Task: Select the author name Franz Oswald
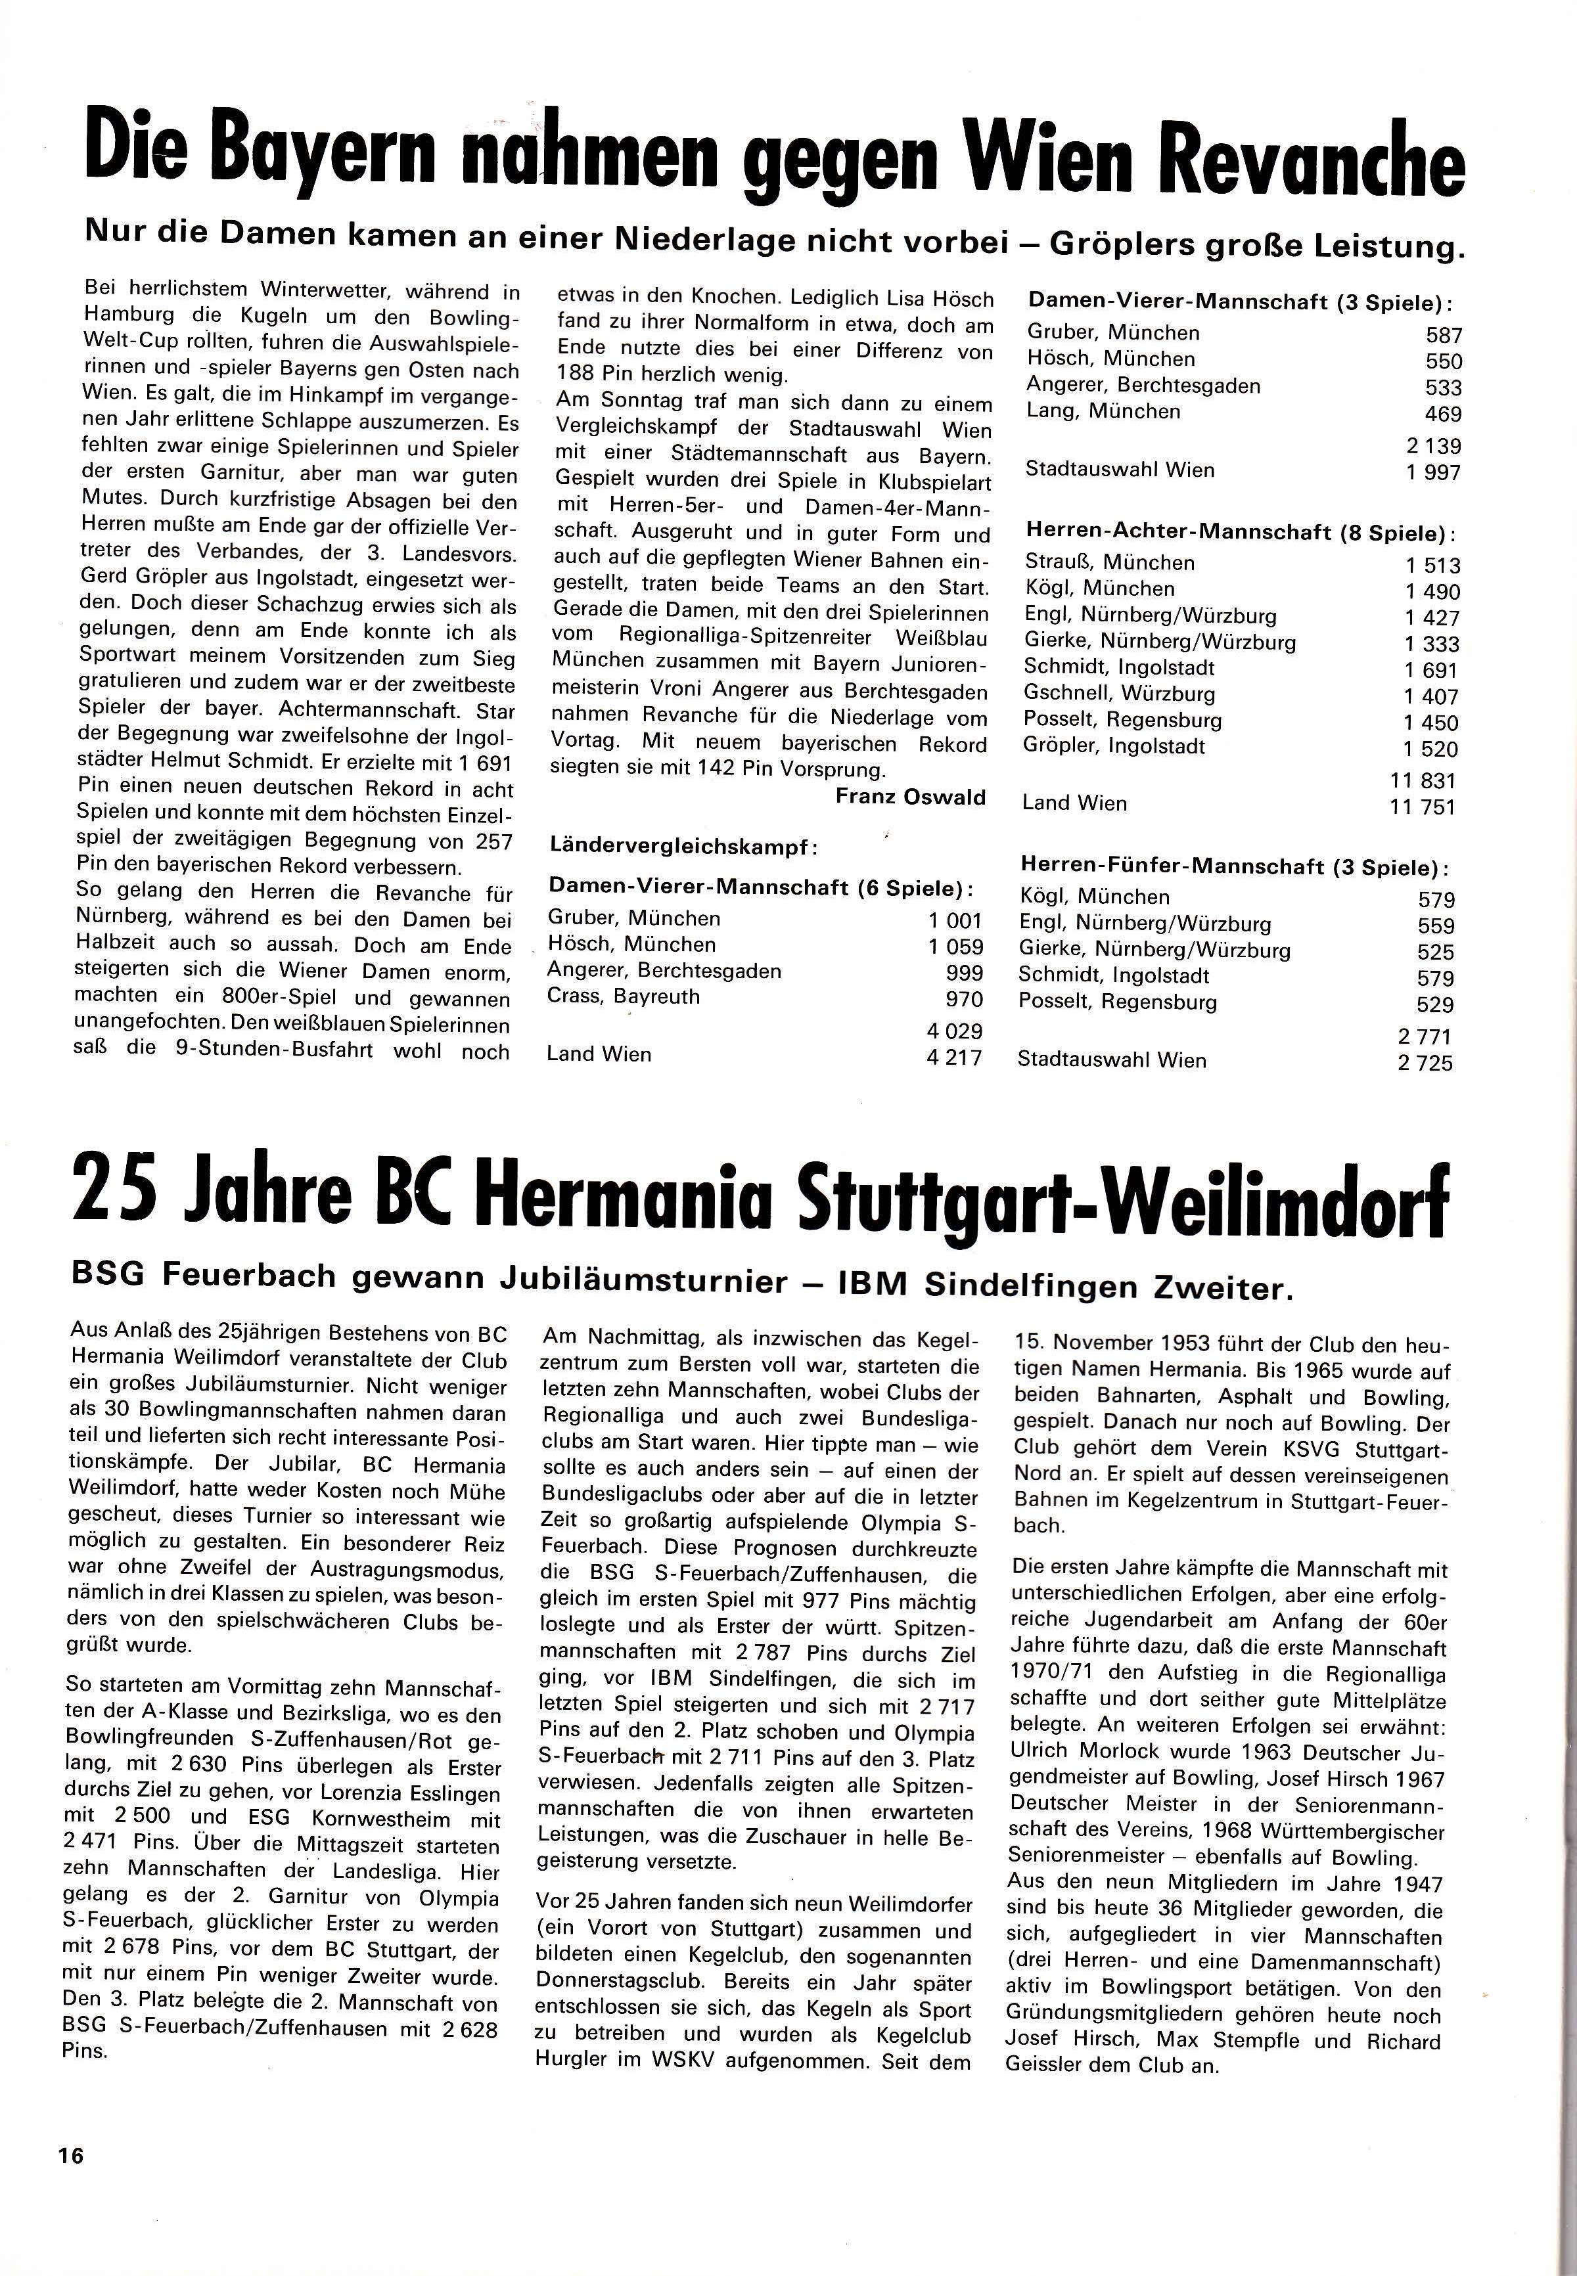pyautogui.click(x=910, y=796)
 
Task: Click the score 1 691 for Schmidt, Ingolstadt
pyautogui.click(x=1432, y=670)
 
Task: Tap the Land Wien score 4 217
pyautogui.click(x=955, y=1057)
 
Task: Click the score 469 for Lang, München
pyautogui.click(x=1442, y=414)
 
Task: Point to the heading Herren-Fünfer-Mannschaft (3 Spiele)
pyautogui.click(x=1235, y=866)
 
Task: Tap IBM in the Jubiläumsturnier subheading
pyautogui.click(x=869, y=1283)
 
